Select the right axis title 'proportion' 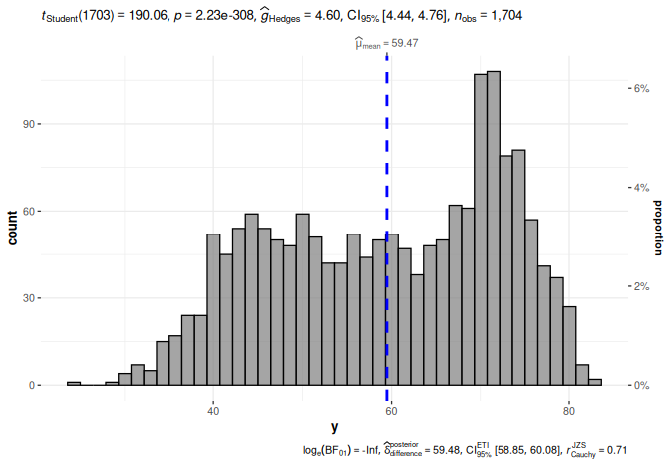658,227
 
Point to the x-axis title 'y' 334,426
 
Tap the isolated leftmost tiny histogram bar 74,383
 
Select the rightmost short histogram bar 595,382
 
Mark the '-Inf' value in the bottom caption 370,451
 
